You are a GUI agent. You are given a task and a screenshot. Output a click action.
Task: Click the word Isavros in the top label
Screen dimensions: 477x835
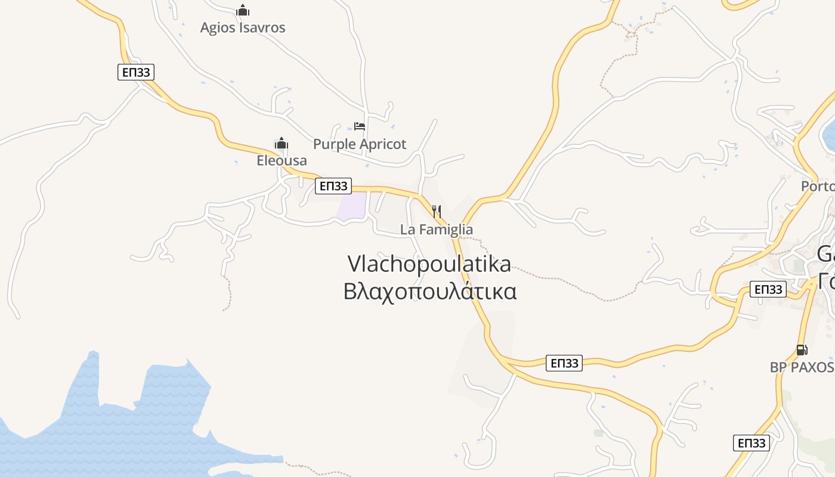(262, 27)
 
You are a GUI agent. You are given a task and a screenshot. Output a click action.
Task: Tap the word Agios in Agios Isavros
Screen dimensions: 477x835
(218, 27)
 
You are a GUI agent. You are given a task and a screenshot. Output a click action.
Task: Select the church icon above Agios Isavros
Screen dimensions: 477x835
(243, 10)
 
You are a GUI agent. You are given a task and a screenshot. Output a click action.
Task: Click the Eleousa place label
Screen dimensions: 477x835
(282, 160)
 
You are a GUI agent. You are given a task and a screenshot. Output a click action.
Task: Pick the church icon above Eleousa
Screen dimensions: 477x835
(282, 143)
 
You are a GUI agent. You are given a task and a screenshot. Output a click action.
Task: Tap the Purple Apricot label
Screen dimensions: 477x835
(360, 144)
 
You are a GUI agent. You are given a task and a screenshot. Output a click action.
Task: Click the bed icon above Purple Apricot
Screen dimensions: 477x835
(360, 126)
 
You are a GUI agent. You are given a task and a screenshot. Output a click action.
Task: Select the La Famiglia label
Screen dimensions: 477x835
(437, 230)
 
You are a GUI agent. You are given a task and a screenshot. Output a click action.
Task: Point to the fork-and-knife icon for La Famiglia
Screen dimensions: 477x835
(437, 211)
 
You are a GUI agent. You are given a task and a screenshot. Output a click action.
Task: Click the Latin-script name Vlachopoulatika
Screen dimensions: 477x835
(429, 264)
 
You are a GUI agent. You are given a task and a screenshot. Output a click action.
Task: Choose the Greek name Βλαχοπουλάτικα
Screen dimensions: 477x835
(429, 292)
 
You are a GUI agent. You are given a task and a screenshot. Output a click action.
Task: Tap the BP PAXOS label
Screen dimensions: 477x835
(802, 367)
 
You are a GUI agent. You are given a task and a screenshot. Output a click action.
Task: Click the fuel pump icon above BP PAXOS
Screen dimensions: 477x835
(802, 350)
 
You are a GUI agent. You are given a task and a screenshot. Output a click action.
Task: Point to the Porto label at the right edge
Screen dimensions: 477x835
(818, 186)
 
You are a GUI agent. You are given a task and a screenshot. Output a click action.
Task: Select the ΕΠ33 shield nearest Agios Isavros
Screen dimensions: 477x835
(136, 73)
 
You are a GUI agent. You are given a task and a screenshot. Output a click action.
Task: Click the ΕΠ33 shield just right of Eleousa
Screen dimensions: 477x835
(333, 186)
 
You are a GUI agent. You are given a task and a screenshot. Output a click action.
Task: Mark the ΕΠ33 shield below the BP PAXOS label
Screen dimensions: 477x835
(751, 443)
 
